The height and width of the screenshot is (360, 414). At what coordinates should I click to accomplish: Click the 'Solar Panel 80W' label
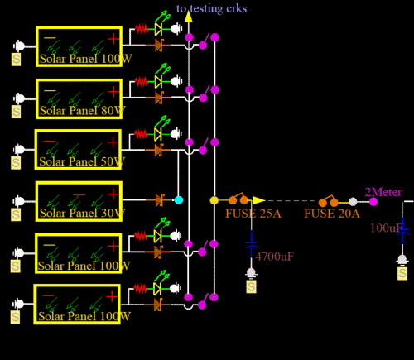pyautogui.click(x=82, y=110)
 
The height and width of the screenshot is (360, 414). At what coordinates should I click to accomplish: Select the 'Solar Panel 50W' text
pyautogui.click(x=82, y=161)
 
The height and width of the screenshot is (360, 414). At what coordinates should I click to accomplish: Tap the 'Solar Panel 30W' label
pyautogui.click(x=82, y=213)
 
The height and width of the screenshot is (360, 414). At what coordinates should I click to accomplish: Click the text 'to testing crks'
pyautogui.click(x=211, y=8)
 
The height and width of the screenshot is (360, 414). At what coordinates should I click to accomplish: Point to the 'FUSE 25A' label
pyautogui.click(x=253, y=214)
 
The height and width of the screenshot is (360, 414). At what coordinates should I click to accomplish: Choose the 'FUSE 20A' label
pyautogui.click(x=331, y=214)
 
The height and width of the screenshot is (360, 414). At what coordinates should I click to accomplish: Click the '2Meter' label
pyautogui.click(x=383, y=192)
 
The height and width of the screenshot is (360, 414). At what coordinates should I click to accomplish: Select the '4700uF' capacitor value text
pyautogui.click(x=275, y=257)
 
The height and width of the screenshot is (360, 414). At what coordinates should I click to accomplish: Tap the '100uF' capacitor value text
pyautogui.click(x=385, y=228)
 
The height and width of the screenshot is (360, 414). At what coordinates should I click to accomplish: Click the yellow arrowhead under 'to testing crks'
pyautogui.click(x=188, y=16)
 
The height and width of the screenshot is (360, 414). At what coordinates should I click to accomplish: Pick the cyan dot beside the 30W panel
pyautogui.click(x=179, y=200)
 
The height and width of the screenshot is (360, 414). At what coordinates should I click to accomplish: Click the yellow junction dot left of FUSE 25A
pyautogui.click(x=214, y=200)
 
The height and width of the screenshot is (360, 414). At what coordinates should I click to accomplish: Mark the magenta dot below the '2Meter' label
pyautogui.click(x=373, y=201)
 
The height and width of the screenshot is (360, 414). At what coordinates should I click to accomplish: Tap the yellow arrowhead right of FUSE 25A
pyautogui.click(x=258, y=200)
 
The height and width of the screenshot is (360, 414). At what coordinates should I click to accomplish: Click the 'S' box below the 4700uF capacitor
pyautogui.click(x=252, y=286)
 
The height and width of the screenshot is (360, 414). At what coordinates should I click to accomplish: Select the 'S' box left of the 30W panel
pyautogui.click(x=15, y=215)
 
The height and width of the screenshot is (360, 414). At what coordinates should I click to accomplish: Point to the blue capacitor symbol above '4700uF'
pyautogui.click(x=252, y=242)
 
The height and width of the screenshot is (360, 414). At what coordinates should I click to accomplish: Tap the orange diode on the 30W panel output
pyautogui.click(x=160, y=200)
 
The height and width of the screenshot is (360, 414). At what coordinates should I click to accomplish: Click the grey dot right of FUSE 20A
pyautogui.click(x=353, y=201)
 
